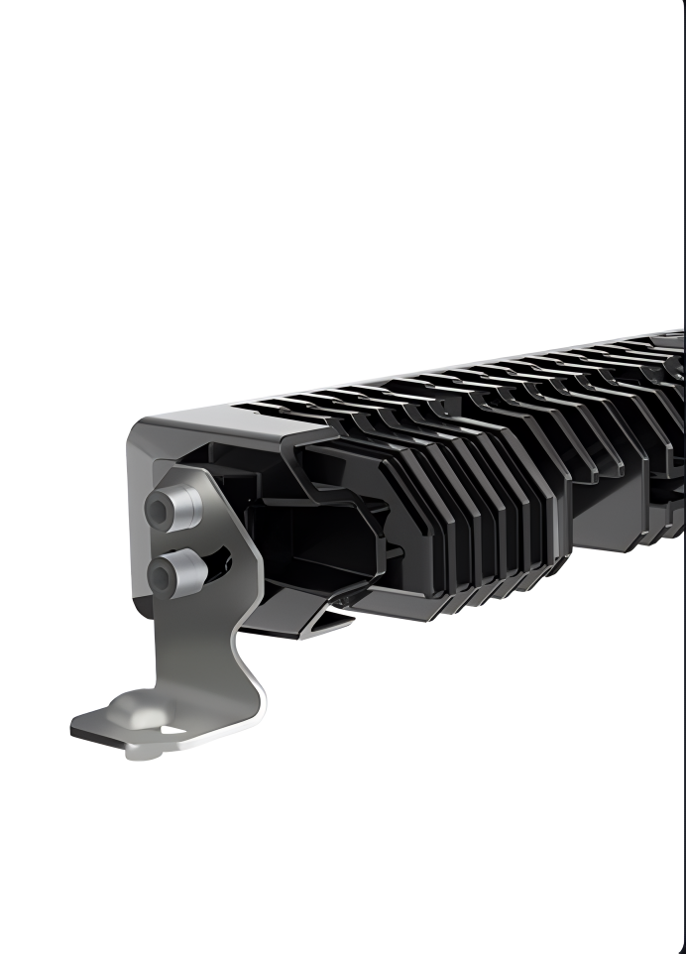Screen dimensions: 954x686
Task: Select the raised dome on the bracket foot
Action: (x=134, y=706)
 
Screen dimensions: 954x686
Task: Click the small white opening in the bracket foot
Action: (x=172, y=731)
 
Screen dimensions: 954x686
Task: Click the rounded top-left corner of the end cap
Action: (x=139, y=432)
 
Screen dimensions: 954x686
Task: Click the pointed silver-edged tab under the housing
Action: (x=327, y=620)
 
